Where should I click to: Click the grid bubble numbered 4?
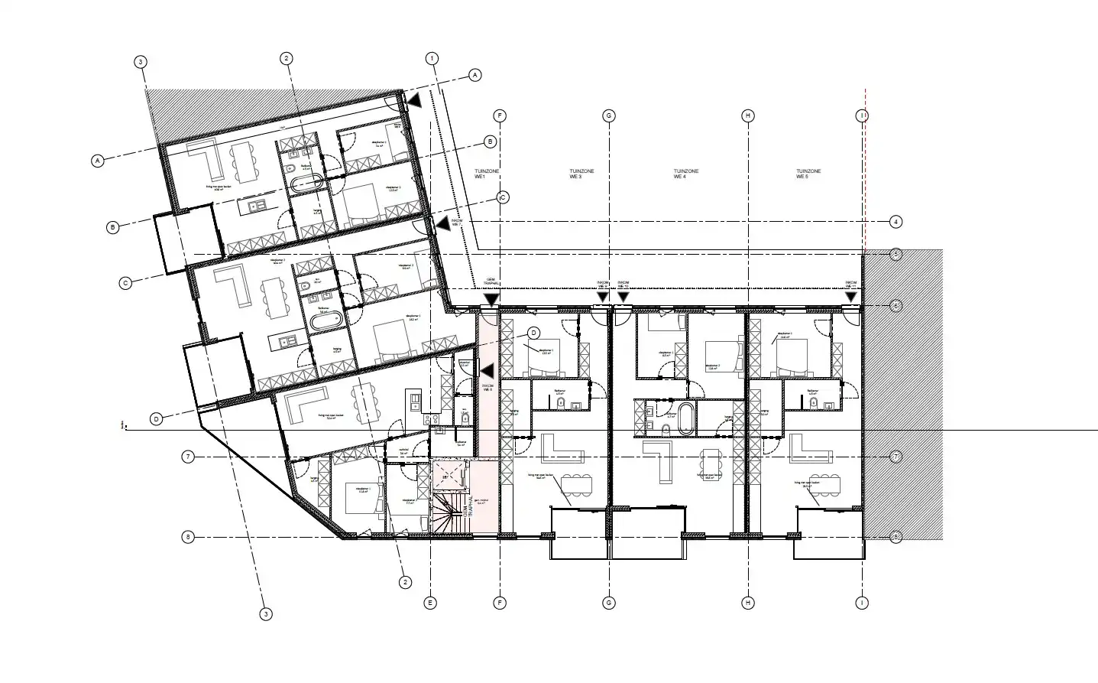896,223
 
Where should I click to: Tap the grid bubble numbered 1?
432,58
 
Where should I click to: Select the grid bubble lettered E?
431,603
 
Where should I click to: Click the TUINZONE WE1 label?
481,174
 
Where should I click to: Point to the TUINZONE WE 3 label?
581,174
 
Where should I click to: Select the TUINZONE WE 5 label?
808,174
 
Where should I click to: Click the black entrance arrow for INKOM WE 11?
850,297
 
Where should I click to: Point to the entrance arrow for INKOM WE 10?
623,297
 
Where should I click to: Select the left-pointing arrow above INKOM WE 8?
484,369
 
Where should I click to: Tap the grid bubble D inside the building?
533,332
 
